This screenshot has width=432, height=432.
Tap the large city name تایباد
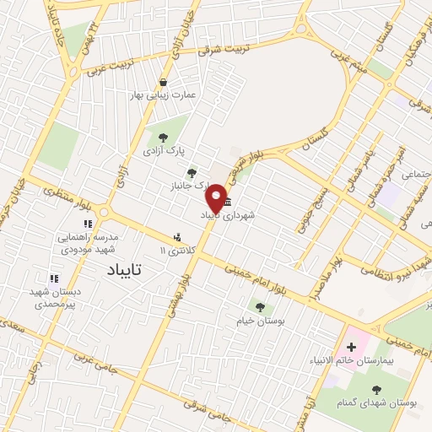(128, 270)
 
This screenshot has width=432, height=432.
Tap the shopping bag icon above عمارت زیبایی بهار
(162, 82)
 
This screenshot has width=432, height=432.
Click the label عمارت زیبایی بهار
(165, 95)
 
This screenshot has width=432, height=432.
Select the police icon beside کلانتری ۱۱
(177, 239)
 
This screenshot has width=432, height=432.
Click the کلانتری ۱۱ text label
(176, 251)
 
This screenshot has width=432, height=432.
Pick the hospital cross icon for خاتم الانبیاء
(351, 347)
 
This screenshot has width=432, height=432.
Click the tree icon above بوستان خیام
(258, 305)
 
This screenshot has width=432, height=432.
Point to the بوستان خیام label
(258, 321)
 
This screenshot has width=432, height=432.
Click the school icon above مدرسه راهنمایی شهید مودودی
(87, 224)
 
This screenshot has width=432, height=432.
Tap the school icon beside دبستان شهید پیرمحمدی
(54, 278)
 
